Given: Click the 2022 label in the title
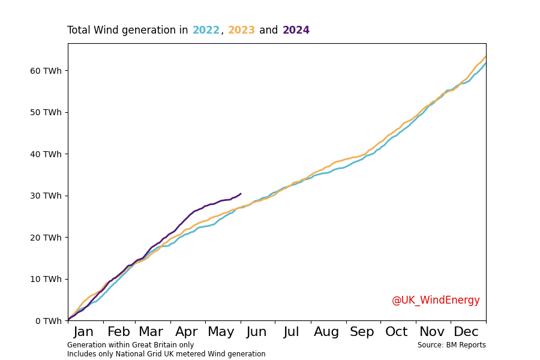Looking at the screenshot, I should (206, 31).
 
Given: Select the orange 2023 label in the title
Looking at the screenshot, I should (241, 31).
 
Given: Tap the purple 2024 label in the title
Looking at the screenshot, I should (296, 31).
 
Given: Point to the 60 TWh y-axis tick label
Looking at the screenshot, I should (46, 71).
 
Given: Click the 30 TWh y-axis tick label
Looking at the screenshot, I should (46, 196).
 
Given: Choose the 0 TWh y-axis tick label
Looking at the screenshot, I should (49, 321).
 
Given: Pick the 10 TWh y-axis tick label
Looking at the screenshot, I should (46, 279).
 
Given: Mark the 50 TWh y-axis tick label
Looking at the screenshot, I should (46, 112).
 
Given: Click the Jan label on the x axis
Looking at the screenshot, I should (83, 332).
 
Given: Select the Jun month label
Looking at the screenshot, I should (257, 332).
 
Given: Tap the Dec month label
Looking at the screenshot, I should (466, 332).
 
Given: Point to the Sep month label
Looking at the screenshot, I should (362, 332).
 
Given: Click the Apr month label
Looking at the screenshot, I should (187, 332).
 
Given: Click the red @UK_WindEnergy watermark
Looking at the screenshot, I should (436, 301).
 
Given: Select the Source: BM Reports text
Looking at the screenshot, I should (451, 345).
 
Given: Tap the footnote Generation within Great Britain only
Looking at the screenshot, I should (130, 345).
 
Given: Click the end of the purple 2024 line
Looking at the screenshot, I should (241, 194).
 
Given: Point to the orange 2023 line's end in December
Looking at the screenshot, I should (485, 57).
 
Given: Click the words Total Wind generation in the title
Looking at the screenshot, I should (127, 31).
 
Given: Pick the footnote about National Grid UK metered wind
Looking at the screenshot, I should (166, 354).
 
